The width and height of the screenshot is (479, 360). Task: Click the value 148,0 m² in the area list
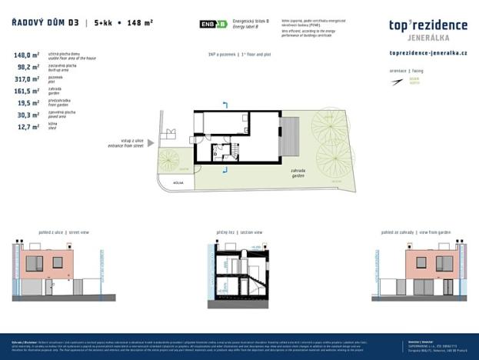click(27, 55)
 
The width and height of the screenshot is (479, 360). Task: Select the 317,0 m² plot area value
click(27, 78)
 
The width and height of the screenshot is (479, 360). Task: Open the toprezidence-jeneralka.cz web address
click(428, 53)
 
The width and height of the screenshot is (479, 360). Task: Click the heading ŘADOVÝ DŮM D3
click(43, 24)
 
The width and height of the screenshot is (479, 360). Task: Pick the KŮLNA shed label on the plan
click(178, 183)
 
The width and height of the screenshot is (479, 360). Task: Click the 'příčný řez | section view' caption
click(239, 231)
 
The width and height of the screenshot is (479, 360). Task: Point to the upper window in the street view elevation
click(35, 262)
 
